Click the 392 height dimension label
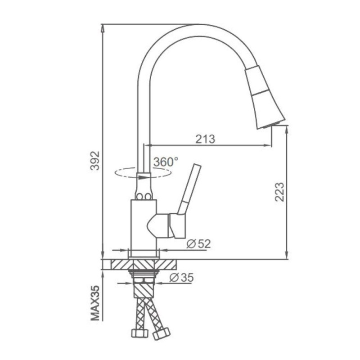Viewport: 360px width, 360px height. tap(95, 161)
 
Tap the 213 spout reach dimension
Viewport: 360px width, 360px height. tap(205, 139)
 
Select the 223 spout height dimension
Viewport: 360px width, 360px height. tap(279, 192)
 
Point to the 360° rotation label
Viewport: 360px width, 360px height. tap(166, 162)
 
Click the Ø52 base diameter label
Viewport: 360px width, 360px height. tap(198, 243)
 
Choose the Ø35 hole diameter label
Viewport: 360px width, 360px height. tap(182, 278)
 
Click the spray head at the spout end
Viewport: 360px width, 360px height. tap(264, 97)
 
